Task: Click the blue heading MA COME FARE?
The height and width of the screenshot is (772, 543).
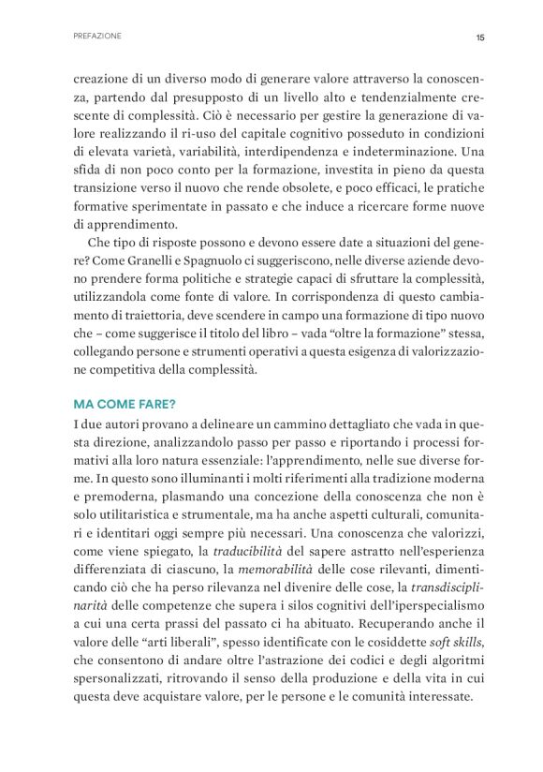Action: (x=124, y=405)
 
